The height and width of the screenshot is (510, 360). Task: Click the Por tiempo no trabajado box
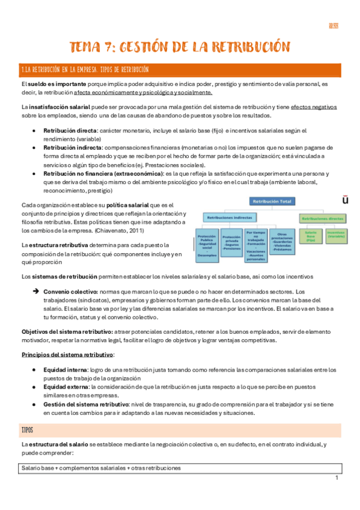(x=255, y=242)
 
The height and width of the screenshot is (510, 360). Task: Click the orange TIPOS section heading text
(x=27, y=431)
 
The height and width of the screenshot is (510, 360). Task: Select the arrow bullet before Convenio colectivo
(x=35, y=290)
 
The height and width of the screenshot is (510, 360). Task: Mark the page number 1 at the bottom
(x=337, y=478)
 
